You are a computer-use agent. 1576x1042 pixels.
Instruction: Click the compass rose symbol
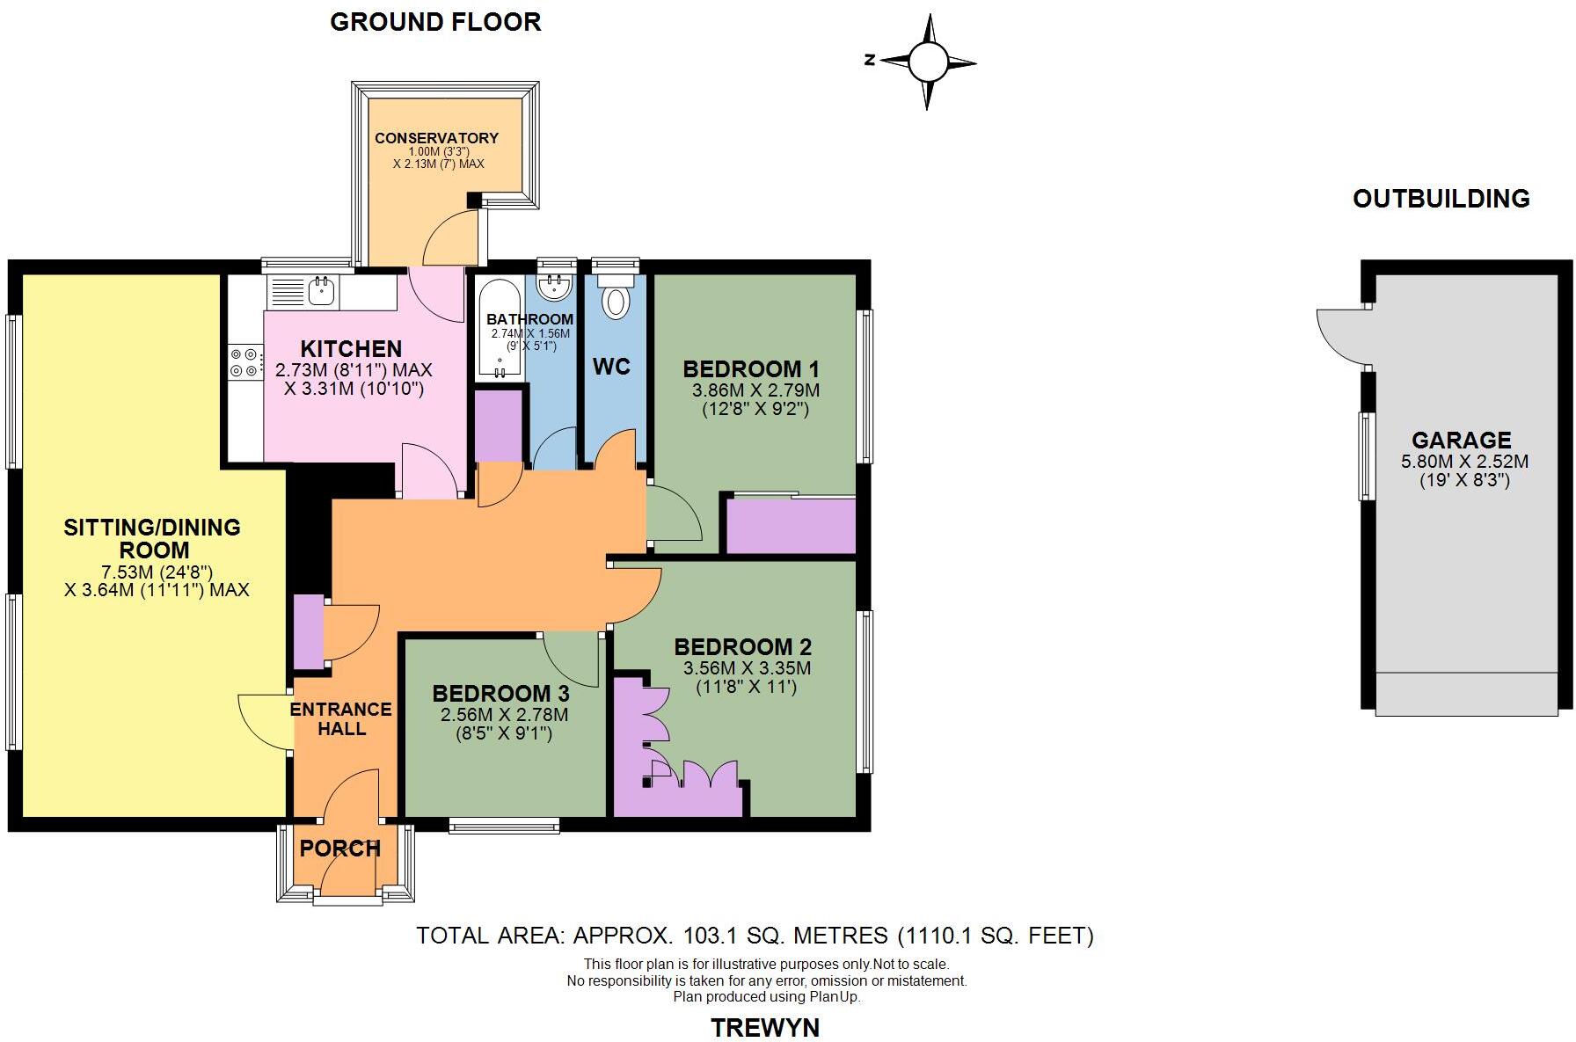click(926, 62)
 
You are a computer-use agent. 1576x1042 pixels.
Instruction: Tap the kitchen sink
click(320, 290)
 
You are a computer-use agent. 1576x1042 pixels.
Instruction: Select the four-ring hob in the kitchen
click(245, 361)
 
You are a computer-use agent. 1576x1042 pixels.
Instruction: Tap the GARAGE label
click(1461, 440)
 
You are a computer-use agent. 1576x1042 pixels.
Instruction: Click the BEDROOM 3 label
click(500, 694)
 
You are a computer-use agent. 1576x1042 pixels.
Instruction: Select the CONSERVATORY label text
click(436, 138)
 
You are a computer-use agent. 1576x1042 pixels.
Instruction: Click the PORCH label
click(339, 849)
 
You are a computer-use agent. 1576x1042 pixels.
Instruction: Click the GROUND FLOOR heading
click(435, 22)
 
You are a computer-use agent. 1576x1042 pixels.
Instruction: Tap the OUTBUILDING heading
click(1441, 199)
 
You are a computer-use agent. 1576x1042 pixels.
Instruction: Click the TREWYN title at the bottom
click(764, 1027)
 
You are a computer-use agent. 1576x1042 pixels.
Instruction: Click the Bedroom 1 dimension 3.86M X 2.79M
click(755, 390)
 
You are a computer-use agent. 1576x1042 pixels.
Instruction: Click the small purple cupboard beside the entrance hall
click(308, 632)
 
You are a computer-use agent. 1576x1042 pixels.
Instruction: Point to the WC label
click(611, 367)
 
